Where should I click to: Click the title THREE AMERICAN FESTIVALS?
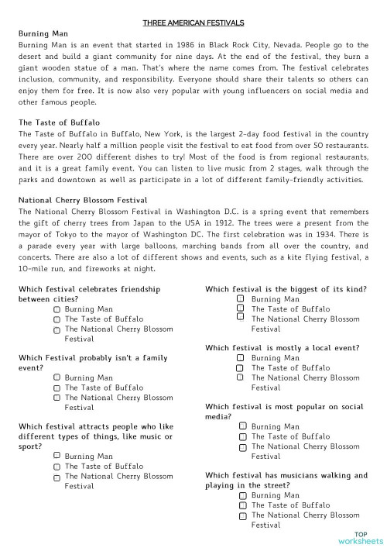coord(194,23)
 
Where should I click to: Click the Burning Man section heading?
coord(43,34)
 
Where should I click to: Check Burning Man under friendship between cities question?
coord(57,308)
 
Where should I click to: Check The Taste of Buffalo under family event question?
coord(57,388)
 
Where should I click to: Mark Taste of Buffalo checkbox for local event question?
coord(242,367)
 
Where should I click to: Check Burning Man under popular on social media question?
coord(242,426)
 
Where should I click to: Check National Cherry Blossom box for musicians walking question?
coord(242,515)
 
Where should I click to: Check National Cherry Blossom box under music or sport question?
coord(57,477)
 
